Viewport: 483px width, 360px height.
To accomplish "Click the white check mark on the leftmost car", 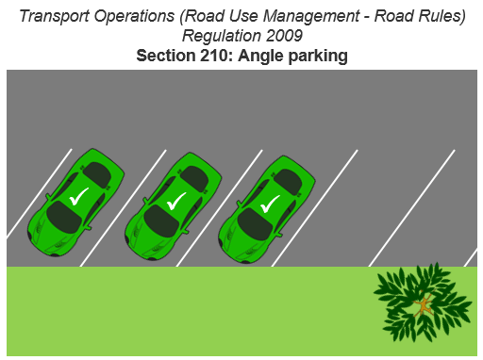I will click(x=79, y=196).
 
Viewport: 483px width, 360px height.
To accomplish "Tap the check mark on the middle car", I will click(x=175, y=201).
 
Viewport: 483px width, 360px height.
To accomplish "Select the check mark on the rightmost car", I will click(x=270, y=202).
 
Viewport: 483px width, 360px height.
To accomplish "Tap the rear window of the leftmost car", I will click(x=98, y=173).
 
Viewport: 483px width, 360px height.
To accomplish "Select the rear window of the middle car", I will click(x=193, y=176).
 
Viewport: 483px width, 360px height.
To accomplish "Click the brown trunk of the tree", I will click(x=425, y=304).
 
